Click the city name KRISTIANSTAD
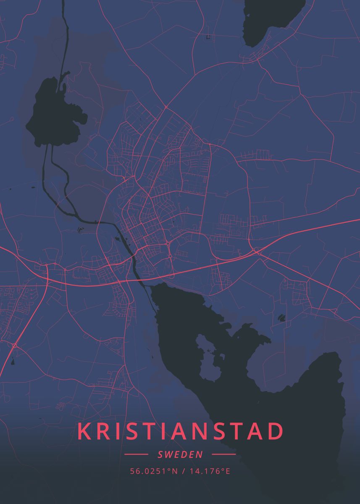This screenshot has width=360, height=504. pyautogui.click(x=180, y=431)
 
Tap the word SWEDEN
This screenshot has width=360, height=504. pyautogui.click(x=180, y=454)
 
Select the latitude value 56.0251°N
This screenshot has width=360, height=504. pyautogui.click(x=151, y=471)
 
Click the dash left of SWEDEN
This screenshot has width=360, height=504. pyautogui.click(x=137, y=454)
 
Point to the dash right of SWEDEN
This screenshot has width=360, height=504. pyautogui.click(x=224, y=454)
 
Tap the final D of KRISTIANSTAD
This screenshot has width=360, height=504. pyautogui.click(x=275, y=431)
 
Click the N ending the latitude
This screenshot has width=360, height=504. pyautogui.click(x=176, y=471)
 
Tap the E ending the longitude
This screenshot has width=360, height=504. pyautogui.click(x=228, y=471)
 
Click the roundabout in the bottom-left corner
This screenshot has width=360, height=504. pyautogui.click(x=15, y=345)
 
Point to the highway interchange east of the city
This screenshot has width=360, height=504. pyautogui.click(x=256, y=251)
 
